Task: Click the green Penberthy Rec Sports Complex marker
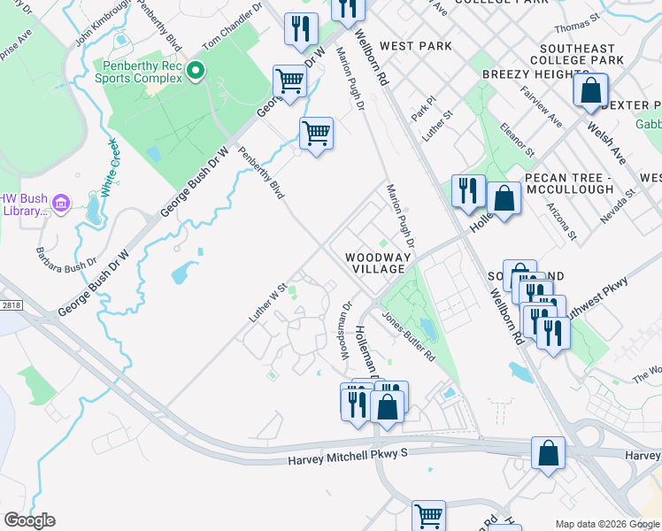click(x=196, y=70)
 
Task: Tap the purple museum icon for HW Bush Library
click(x=61, y=204)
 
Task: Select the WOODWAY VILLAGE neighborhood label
click(x=378, y=263)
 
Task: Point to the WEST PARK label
click(x=415, y=46)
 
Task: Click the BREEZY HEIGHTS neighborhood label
click(x=529, y=74)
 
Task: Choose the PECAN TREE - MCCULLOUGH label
click(x=568, y=183)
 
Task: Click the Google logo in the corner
click(x=29, y=520)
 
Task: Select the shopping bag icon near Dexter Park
click(x=590, y=90)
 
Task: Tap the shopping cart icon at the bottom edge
click(x=428, y=514)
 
